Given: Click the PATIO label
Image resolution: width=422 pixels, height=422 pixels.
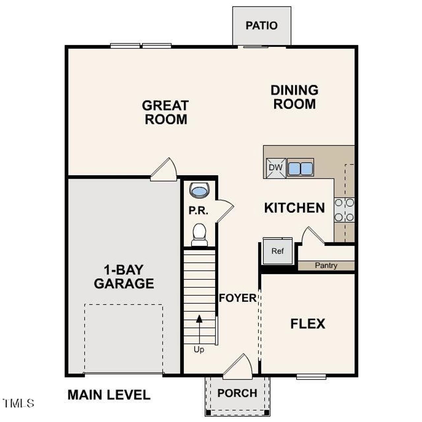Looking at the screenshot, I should [x=261, y=25].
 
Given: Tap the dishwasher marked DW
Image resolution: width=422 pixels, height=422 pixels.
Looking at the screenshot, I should [x=276, y=167].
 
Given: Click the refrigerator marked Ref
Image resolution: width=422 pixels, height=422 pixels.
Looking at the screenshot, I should [x=278, y=251].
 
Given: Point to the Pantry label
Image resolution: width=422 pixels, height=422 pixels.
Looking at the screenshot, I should [x=326, y=265].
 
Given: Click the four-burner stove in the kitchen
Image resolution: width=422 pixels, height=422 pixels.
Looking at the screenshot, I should [x=344, y=210].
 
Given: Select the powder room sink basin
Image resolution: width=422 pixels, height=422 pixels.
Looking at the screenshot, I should [x=199, y=190].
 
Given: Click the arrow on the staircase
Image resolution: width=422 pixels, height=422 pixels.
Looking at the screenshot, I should [x=199, y=319].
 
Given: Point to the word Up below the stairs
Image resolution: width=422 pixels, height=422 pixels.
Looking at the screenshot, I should [x=199, y=349].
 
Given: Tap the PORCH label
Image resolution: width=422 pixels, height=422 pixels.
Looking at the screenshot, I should [x=237, y=393].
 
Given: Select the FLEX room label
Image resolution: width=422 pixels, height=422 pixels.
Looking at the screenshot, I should [x=308, y=324].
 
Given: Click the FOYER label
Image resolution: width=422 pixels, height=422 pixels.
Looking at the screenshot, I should [x=237, y=298].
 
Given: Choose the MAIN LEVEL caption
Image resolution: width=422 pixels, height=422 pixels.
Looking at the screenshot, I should [x=109, y=395].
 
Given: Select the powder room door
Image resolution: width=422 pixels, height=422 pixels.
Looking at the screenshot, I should [x=225, y=210].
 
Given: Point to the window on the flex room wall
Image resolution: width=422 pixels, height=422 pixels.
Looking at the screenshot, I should [x=311, y=376].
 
